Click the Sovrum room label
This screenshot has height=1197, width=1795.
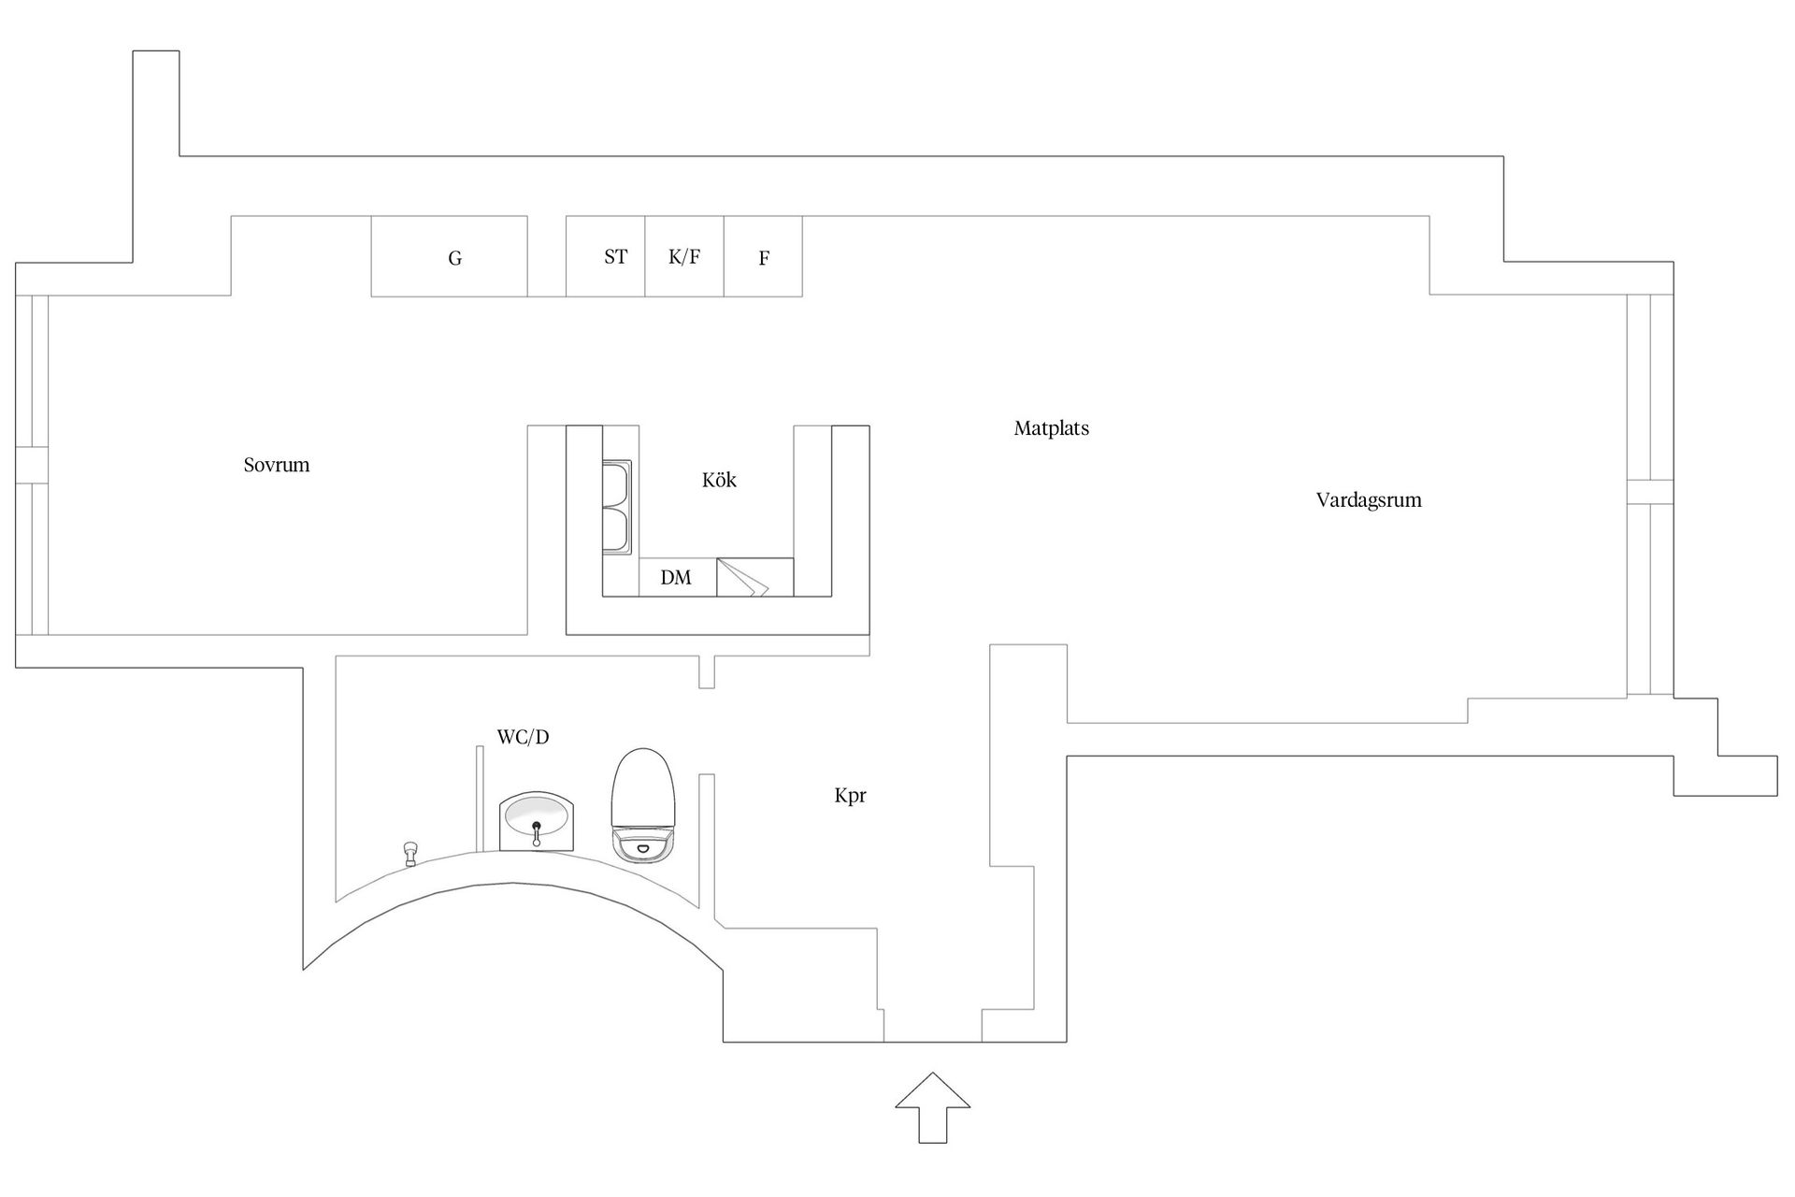[x=276, y=465]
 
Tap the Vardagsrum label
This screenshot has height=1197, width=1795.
[x=1368, y=499]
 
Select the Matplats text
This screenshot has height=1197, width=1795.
[x=1051, y=428]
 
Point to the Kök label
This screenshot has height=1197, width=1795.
[x=719, y=480]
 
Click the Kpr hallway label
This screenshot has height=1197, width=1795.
[x=850, y=796]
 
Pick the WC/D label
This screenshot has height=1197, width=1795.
[x=523, y=737]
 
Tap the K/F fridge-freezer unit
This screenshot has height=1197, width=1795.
[x=684, y=257]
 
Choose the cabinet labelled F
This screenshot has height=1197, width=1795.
[x=763, y=257]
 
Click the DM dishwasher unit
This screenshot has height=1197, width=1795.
[x=677, y=577]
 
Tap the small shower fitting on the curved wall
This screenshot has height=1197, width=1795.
[x=409, y=852]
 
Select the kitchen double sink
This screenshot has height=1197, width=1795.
[x=617, y=507]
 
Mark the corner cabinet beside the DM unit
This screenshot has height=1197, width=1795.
[x=754, y=577]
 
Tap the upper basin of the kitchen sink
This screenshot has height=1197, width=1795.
[x=617, y=483]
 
